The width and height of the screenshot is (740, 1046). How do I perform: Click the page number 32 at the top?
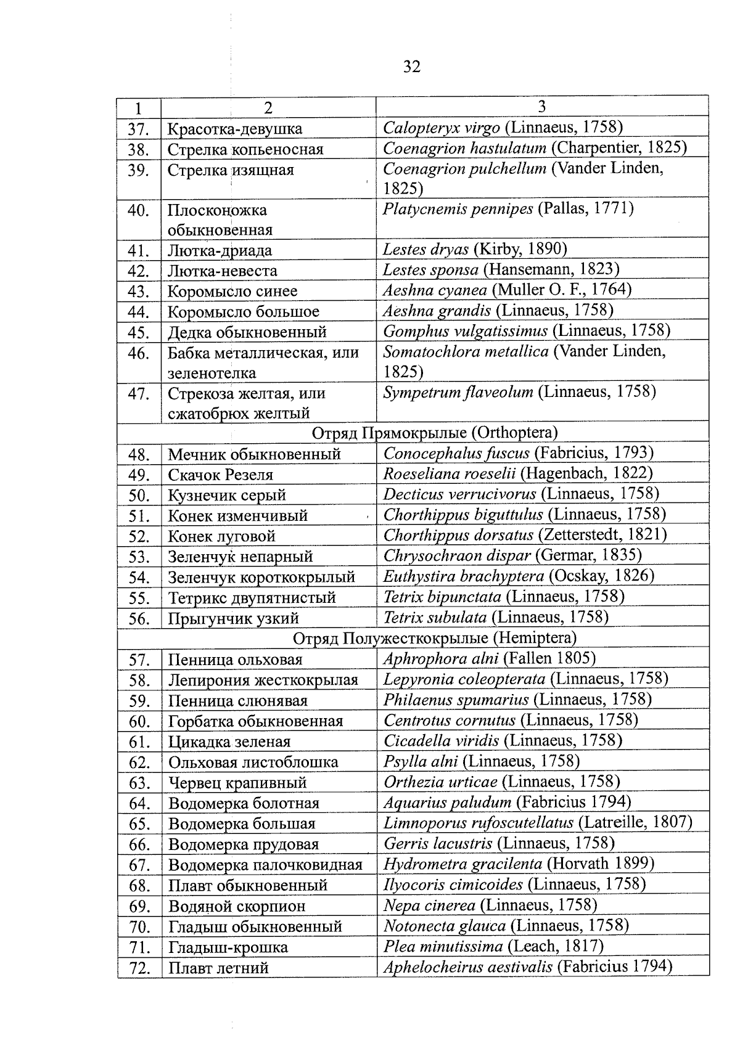click(411, 67)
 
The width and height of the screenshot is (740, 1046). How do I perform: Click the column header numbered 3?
click(541, 107)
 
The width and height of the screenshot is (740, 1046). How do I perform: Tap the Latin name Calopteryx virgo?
click(441, 128)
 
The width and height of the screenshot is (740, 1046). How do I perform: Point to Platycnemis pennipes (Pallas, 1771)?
click(508, 208)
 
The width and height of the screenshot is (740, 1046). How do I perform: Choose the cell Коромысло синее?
click(232, 291)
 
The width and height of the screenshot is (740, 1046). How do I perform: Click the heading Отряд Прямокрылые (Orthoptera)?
click(434, 433)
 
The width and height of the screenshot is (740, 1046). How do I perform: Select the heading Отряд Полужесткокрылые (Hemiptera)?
click(434, 637)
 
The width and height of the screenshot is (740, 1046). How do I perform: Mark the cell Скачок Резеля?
click(220, 475)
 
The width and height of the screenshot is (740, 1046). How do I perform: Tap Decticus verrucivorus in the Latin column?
click(459, 494)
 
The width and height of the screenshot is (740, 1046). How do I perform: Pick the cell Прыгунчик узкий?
click(233, 618)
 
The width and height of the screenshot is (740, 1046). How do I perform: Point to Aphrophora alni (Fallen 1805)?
click(489, 658)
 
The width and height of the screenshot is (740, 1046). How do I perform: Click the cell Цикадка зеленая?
click(229, 742)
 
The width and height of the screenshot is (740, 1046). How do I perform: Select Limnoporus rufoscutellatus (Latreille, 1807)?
click(537, 822)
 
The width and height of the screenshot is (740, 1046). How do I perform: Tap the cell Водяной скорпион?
click(236, 906)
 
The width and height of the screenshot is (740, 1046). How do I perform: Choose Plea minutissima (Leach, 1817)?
click(493, 946)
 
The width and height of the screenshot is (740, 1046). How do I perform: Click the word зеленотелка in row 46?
click(212, 373)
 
